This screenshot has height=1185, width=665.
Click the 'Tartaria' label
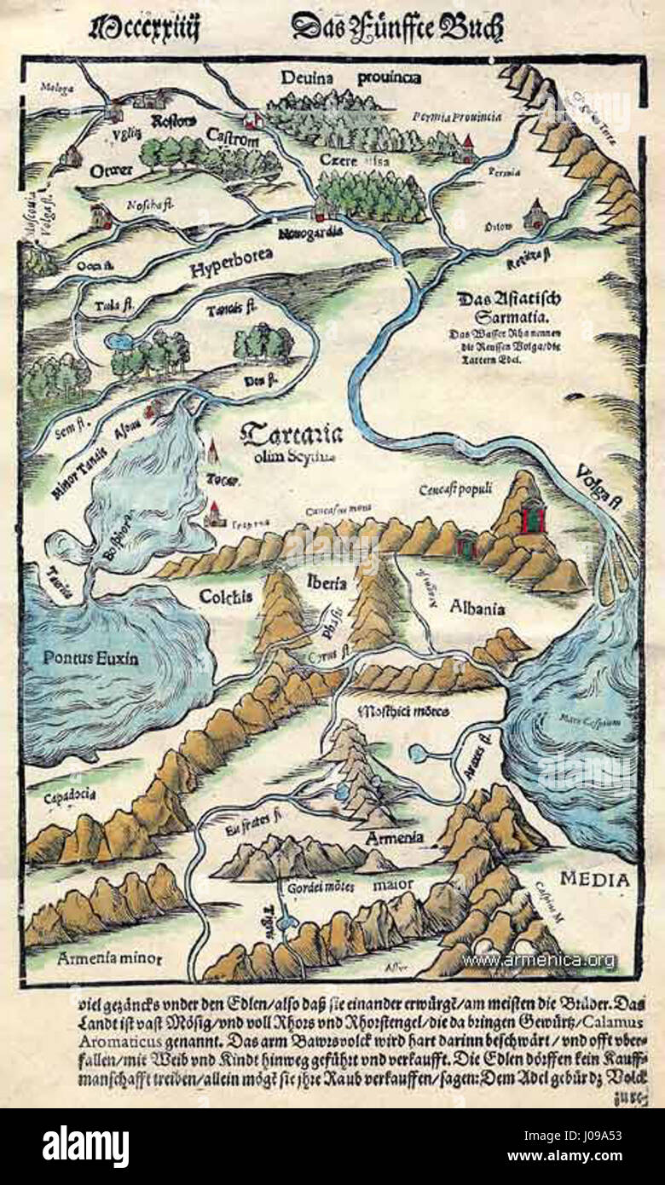point(292,435)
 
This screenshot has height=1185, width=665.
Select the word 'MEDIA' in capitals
point(595,880)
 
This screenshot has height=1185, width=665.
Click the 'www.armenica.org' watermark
point(538,960)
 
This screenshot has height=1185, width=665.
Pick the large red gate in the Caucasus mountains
point(532,517)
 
